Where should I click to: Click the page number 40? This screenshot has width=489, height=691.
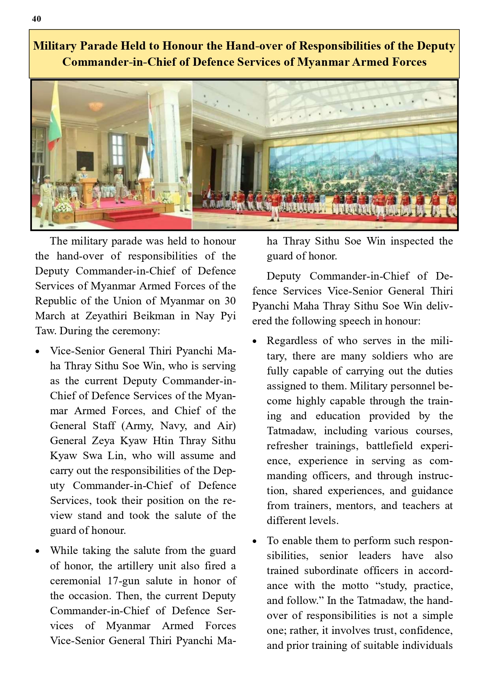pyautogui.click(x=36, y=19)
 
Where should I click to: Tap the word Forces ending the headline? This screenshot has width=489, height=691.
pyautogui.click(x=409, y=62)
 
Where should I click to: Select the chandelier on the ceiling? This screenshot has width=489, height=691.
pyautogui.click(x=96, y=106)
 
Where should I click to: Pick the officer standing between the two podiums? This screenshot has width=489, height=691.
pyautogui.click(x=119, y=185)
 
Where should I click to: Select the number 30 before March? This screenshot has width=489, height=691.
pyautogui.click(x=230, y=301)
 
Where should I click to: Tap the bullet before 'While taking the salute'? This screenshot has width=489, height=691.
pyautogui.click(x=37, y=551)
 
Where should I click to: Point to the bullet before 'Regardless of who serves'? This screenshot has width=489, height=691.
pyautogui.click(x=255, y=341)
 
